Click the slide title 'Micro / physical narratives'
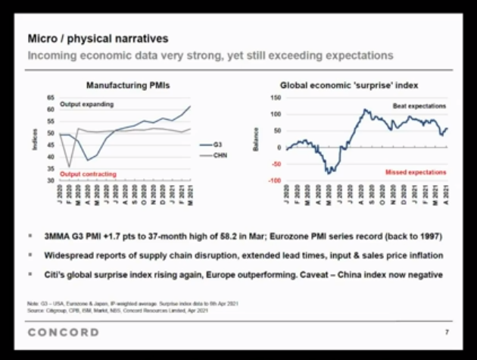98,38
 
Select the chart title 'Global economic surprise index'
348,85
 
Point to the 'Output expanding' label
88,104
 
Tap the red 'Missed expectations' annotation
415,172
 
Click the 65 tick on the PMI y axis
51,98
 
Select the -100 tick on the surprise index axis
274,180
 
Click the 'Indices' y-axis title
35,139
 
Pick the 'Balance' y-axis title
257,139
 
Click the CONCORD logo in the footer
63,332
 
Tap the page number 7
444,333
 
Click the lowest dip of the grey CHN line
70,167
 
